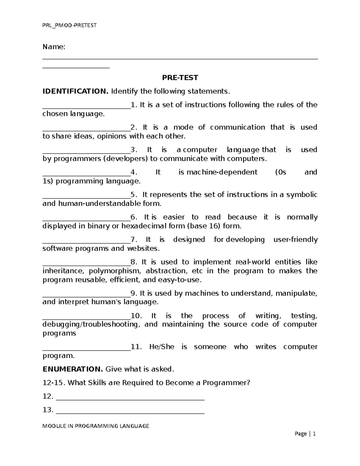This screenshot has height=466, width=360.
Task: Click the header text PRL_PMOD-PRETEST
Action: coord(69,25)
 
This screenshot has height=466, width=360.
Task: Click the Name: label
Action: coord(54,47)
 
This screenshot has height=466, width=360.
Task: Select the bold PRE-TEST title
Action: coord(180,78)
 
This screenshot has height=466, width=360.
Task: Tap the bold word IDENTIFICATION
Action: coord(76,91)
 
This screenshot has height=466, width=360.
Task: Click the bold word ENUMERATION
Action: coord(73,369)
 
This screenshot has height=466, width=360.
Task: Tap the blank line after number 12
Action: coord(130,398)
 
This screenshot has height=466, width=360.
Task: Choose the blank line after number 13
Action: coord(130,412)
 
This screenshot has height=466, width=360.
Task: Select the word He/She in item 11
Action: coord(162,347)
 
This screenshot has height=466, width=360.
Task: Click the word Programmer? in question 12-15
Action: coord(226,383)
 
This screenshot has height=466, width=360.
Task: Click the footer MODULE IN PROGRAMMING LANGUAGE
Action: coord(96,426)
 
